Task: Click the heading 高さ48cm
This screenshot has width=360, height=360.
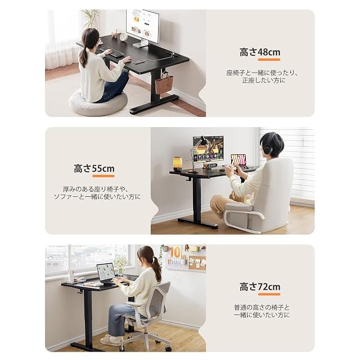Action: pyautogui.click(x=260, y=52)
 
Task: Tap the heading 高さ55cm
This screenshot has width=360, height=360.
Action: pyautogui.click(x=94, y=169)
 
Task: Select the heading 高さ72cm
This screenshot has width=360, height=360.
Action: pyautogui.click(x=260, y=287)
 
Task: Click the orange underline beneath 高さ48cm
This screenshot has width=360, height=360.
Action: pyautogui.click(x=269, y=60)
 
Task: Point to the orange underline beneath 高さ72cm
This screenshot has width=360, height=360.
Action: pyautogui.click(x=269, y=294)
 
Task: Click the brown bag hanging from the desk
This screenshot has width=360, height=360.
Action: pyautogui.click(x=164, y=83)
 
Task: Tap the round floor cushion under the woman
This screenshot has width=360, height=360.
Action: pyautogui.click(x=98, y=102)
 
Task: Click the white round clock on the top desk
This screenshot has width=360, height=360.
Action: pyautogui.click(x=124, y=37)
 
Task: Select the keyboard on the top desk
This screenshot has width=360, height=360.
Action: pyautogui.click(x=112, y=52)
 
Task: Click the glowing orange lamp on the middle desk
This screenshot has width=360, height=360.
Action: pyautogui.click(x=177, y=164)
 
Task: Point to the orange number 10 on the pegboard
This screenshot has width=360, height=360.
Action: pyautogui.click(x=175, y=253)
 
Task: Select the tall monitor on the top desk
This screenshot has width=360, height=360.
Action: pyautogui.click(x=143, y=28)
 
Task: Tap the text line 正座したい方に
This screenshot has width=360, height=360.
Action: pyautogui.click(x=264, y=80)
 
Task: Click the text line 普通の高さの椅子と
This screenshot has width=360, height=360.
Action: pyautogui.click(x=262, y=308)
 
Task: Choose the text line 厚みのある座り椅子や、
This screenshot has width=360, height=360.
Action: pyautogui.click(x=95, y=189)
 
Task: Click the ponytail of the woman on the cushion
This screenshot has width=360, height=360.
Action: pyautogui.click(x=84, y=57)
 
